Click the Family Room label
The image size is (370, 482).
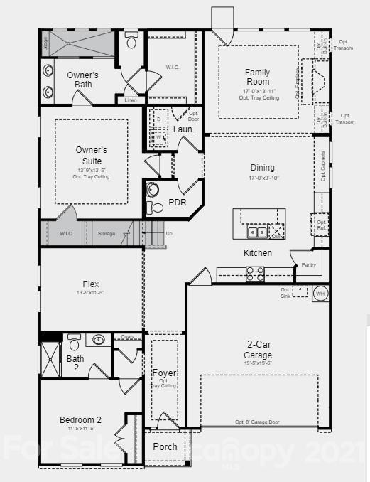pyautogui.click(x=257, y=77)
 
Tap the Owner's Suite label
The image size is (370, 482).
pyautogui.click(x=91, y=155)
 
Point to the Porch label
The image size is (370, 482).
pyautogui.click(x=165, y=446)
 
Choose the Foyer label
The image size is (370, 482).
pyautogui.click(x=164, y=373)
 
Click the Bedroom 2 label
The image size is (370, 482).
pyautogui.click(x=80, y=420)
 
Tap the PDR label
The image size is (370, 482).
pyautogui.click(x=177, y=203)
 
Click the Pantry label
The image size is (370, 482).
pyautogui.click(x=308, y=264)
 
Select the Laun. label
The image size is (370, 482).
pyautogui.click(x=183, y=129)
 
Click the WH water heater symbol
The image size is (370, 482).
pyautogui.click(x=320, y=293)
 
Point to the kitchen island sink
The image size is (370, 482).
pyautogui.click(x=256, y=232)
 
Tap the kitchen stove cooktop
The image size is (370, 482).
pyautogui.click(x=255, y=273)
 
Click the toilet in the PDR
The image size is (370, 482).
pyautogui.click(x=152, y=191)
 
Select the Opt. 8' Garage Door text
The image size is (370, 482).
pyautogui.click(x=257, y=422)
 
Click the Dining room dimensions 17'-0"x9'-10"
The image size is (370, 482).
pyautogui.click(x=262, y=178)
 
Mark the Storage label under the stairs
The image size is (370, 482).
pyautogui.click(x=107, y=233)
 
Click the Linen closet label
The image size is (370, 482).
pyautogui.click(x=131, y=100)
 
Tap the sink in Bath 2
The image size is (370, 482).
pyautogui.click(x=99, y=339)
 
